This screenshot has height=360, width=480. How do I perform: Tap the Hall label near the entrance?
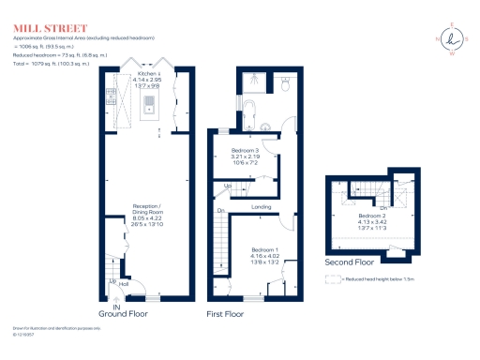coord(124,282)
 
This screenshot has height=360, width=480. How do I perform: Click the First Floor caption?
coord(228,315)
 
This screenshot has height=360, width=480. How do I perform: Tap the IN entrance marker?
coord(118,307)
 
